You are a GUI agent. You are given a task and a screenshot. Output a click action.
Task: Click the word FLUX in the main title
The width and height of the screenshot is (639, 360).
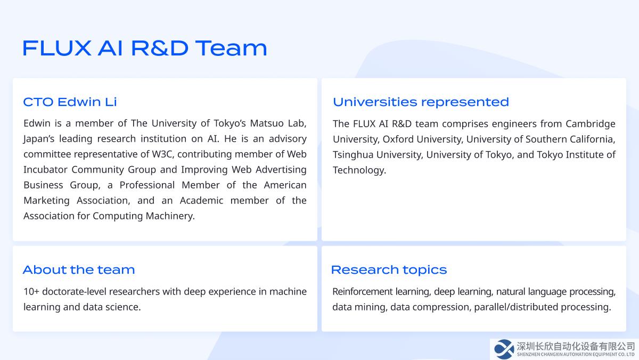[57, 48]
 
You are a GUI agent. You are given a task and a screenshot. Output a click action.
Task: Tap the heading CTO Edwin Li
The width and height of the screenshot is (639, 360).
[70, 102]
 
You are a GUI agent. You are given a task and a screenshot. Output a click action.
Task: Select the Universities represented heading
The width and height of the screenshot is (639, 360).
[421, 102]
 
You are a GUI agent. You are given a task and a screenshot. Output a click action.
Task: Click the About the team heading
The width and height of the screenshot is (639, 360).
[79, 270]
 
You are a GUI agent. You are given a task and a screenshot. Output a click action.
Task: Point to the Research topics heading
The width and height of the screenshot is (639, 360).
[389, 270]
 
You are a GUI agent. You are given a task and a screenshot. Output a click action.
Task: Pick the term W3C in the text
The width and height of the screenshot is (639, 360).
[162, 154]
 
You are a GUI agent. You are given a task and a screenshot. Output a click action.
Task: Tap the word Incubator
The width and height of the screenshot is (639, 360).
[45, 169]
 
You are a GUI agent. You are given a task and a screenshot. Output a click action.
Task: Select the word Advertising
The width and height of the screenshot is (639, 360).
[281, 170]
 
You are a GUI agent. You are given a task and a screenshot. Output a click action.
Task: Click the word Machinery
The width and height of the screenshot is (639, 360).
[170, 216]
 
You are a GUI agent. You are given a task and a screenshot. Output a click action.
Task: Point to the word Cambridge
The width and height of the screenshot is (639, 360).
[590, 124]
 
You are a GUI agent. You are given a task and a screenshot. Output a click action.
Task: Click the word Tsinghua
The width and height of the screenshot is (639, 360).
[353, 155]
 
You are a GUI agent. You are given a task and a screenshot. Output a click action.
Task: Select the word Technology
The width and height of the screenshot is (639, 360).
[359, 170]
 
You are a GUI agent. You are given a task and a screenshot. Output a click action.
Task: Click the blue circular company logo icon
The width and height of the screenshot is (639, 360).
[504, 349]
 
